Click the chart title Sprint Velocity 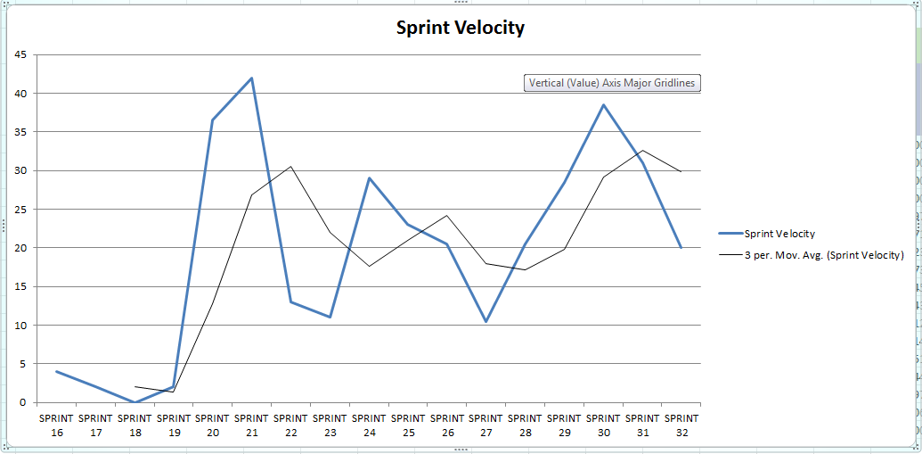point(461,28)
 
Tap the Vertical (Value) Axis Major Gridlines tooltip point(611,83)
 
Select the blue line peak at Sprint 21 point(252,78)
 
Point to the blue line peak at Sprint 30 point(603,105)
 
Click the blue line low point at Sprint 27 point(486,321)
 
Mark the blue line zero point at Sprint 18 point(135,402)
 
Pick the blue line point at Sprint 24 point(369,178)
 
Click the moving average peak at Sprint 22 point(291,167)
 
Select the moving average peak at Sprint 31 point(642,151)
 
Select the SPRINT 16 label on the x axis point(56,425)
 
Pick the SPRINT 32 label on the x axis point(681,425)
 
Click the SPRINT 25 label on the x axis point(408,425)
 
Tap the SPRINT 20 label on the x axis point(213,425)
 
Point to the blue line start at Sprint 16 point(56,371)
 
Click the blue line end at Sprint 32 point(681,248)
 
